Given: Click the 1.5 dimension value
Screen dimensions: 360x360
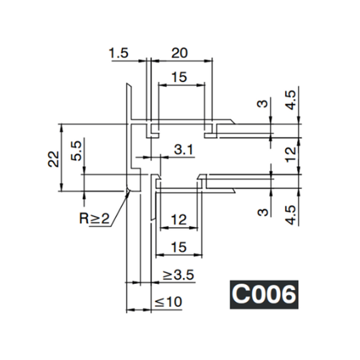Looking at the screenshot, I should click(119, 53).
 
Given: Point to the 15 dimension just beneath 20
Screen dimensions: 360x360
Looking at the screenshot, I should click(179, 77).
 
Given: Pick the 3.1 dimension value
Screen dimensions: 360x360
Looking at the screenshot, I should click(184, 150).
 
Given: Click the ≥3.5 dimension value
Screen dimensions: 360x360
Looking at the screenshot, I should click(178, 275).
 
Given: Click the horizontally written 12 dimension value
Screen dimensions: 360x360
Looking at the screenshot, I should click(178, 220).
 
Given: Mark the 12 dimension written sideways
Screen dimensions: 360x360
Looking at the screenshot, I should click(290, 154).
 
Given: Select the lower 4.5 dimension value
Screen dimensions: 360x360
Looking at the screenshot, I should click(290, 214).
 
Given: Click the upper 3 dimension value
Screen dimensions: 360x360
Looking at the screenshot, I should click(262, 104).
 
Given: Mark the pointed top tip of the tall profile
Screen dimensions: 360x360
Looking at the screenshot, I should click(130, 84).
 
